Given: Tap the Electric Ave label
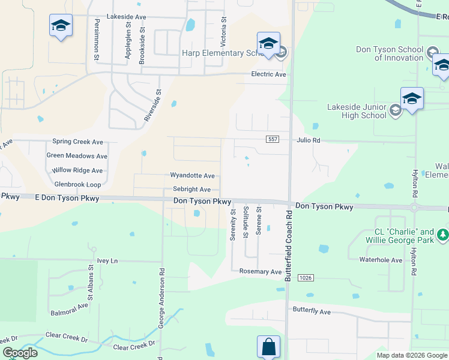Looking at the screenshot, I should click(268, 74).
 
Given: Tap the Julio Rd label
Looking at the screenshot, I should click(308, 140).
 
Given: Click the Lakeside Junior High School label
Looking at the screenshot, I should click(357, 111).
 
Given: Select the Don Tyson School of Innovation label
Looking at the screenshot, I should click(390, 53).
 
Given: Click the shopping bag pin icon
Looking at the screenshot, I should click(268, 347).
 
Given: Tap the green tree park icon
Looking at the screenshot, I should click(442, 233).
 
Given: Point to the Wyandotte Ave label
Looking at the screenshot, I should click(192, 176).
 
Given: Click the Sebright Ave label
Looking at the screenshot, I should click(191, 189).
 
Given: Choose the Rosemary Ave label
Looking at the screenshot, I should click(261, 272).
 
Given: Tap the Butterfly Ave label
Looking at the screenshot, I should click(312, 311).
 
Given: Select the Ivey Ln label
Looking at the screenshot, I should click(107, 260).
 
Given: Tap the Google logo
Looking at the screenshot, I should click(20, 353).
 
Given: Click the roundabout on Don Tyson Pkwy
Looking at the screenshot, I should click(414, 208).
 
